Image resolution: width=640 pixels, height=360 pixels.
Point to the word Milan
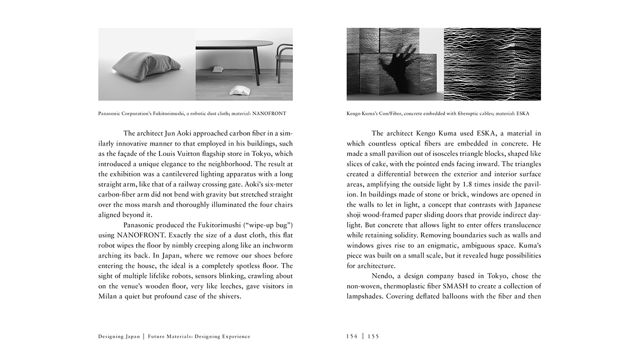pyautogui.click(x=108, y=296)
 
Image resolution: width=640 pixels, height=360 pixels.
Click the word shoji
pyautogui.click(x=355, y=215)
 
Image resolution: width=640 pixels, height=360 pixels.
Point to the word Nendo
pyautogui.click(x=383, y=276)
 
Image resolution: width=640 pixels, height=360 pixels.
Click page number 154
pyautogui.click(x=352, y=336)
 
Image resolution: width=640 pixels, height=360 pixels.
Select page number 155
pyautogui.click(x=373, y=336)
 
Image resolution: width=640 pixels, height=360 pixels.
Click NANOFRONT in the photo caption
pyautogui.click(x=269, y=113)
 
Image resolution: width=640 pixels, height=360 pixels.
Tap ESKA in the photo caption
pyautogui.click(x=521, y=113)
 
